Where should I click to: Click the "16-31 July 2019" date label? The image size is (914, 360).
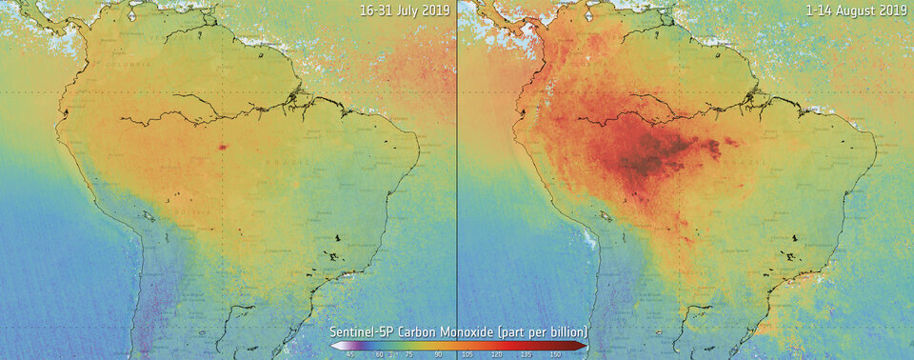click(404, 10)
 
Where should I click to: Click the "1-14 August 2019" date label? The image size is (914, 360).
click(858, 10)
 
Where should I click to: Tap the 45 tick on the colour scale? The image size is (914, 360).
click(350, 354)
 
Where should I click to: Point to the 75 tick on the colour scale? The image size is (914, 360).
click(409, 354)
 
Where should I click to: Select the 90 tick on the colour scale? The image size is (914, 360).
click(439, 354)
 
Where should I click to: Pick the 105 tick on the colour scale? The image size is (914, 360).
click(467, 354)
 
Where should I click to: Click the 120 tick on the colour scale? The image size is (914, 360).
click(497, 354)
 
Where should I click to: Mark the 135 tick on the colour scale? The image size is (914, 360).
click(527, 354)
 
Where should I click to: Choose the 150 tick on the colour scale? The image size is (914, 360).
click(555, 354)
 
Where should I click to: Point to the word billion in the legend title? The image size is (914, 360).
click(566, 331)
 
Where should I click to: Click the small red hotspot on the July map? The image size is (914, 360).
click(223, 147)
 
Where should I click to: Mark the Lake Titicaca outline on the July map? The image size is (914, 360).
click(150, 217)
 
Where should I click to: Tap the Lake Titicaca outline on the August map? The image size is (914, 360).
click(607, 217)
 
